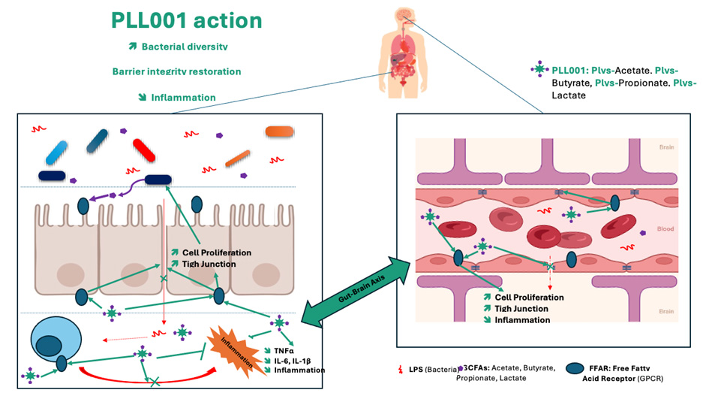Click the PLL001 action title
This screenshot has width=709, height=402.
pos(187,20)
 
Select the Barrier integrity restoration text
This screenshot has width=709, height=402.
pos(176,71)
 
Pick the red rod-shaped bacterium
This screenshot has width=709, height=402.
pos(144,149)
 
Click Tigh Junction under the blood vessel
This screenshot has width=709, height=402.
pos(521,309)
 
